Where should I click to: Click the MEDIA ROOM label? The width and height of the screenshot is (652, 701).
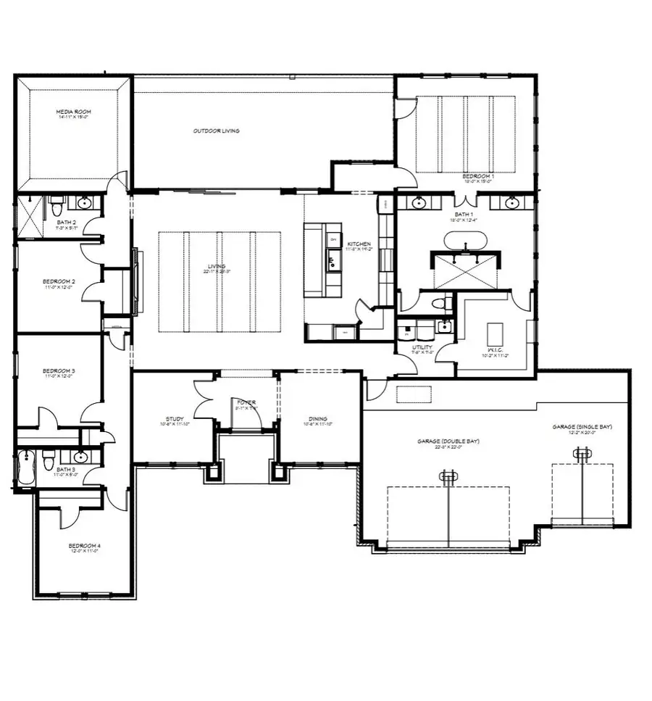pos(74,112)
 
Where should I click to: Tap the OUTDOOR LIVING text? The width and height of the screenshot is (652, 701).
pos(216,131)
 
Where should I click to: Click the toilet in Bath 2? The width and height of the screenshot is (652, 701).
pos(56,207)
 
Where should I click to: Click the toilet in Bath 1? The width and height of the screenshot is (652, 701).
pos(438,304)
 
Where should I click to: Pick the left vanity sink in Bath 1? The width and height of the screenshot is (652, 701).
pos(419,203)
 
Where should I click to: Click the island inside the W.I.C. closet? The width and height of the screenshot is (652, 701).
pos(497,335)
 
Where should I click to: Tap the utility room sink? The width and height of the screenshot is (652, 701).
pos(444,328)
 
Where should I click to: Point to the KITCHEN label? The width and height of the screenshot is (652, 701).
pos(359,244)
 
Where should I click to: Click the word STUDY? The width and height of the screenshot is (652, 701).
pos(174,418)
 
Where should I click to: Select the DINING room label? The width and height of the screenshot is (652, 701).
pos(317,418)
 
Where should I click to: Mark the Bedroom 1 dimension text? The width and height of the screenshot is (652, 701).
pos(478,181)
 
